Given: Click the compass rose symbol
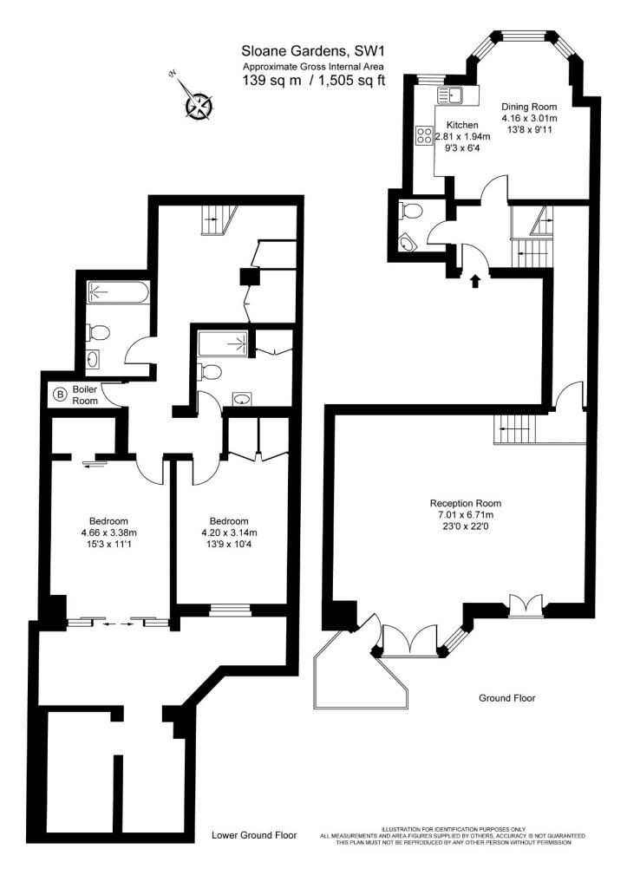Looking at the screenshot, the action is (x=199, y=105).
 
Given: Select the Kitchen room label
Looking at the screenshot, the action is (x=462, y=125).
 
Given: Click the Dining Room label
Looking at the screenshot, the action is (x=529, y=107).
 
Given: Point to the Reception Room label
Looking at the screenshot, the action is (x=466, y=503).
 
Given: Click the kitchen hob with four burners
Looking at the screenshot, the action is (x=424, y=135).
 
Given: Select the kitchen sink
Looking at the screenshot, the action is (x=450, y=95).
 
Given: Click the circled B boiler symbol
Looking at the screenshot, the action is (x=59, y=393).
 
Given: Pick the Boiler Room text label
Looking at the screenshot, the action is (x=85, y=395).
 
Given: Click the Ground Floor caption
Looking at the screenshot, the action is (x=507, y=698).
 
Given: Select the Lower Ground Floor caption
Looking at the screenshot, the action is (x=254, y=835).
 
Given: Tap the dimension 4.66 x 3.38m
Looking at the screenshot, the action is (x=108, y=532).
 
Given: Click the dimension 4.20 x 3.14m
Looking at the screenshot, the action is (x=229, y=532).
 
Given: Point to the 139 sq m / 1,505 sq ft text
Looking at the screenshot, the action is (x=314, y=80).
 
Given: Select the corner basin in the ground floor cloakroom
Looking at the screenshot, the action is (x=408, y=244).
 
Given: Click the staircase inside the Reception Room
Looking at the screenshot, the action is (x=513, y=430).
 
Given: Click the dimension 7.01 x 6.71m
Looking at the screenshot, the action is (x=466, y=515).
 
